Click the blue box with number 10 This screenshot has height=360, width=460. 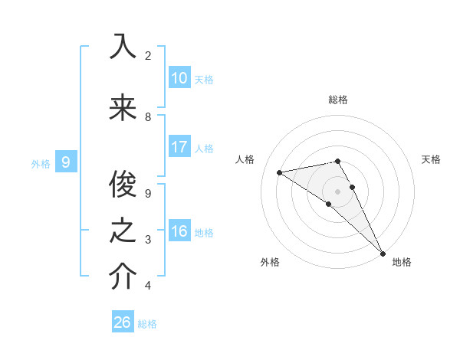point(179,78)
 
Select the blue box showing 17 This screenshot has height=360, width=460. point(179,147)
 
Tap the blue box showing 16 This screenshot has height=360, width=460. point(179,232)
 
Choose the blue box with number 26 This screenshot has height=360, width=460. point(122,322)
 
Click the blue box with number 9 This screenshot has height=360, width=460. point(66,162)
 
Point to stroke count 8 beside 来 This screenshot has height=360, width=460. point(148,117)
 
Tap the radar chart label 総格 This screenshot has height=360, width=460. point(338,100)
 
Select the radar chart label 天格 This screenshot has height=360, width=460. point(432,159)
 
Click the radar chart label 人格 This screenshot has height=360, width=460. point(245,159)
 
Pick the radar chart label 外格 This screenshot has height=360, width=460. point(270,263)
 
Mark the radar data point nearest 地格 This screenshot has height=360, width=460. point(383,253)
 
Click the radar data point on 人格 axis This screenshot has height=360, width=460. point(280,172)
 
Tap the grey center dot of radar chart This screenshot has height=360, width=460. point(337,191)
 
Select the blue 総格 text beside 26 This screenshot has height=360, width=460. point(147,324)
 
